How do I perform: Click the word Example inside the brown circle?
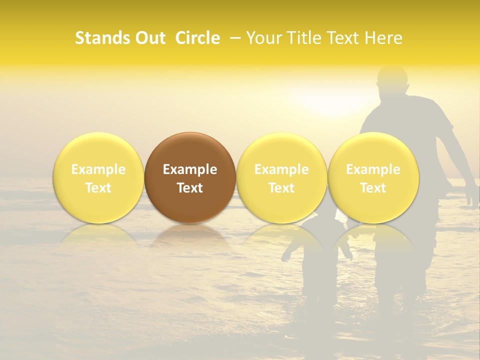[189, 169]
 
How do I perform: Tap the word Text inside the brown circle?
[189, 188]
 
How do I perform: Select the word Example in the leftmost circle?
[98, 169]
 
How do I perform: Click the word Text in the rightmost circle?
[373, 188]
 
